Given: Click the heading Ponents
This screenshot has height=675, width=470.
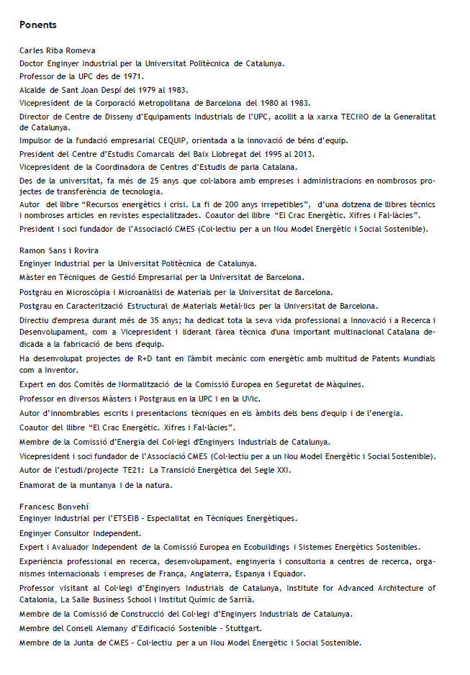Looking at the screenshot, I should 38,25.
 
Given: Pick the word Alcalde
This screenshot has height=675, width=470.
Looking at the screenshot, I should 32,90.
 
